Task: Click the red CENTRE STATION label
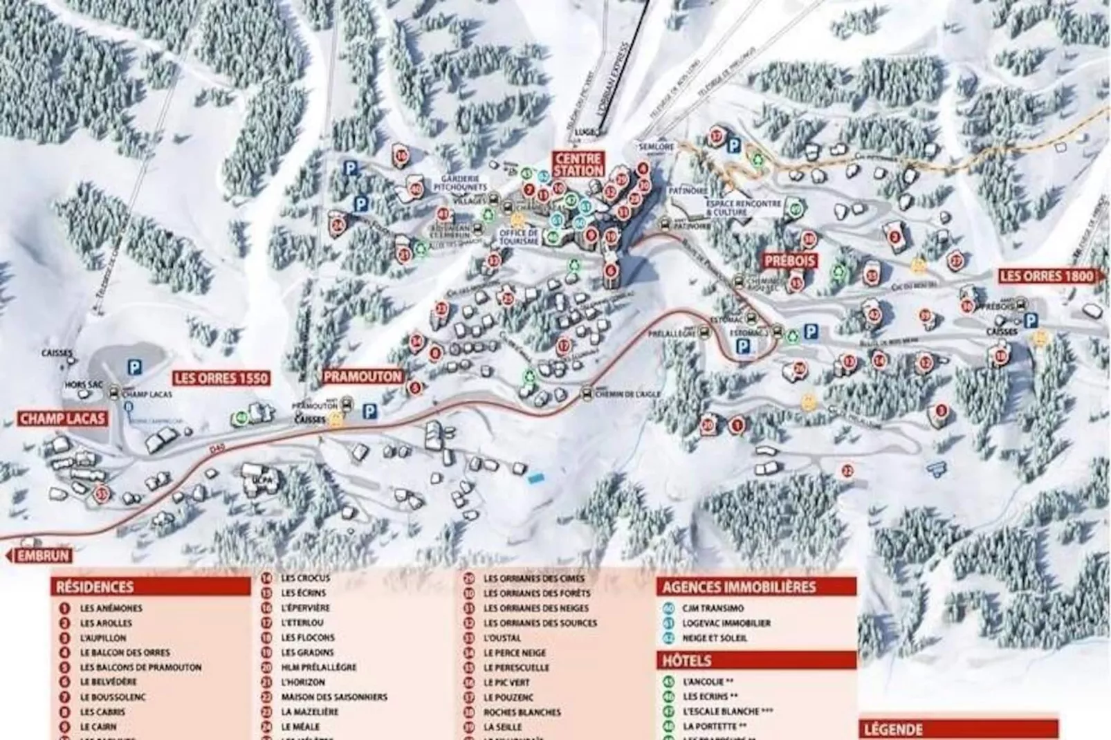(578, 165)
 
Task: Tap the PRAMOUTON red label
(362, 376)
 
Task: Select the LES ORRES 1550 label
(221, 378)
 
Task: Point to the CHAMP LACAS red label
(63, 418)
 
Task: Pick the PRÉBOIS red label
(789, 261)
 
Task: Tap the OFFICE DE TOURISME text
(519, 237)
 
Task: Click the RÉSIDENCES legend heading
(95, 586)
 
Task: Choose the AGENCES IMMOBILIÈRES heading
(739, 587)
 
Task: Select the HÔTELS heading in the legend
(687, 660)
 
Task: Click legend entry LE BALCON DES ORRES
(125, 652)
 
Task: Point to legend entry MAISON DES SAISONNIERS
(334, 697)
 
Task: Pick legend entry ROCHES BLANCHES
(522, 712)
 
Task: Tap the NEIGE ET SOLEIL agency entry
(715, 638)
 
